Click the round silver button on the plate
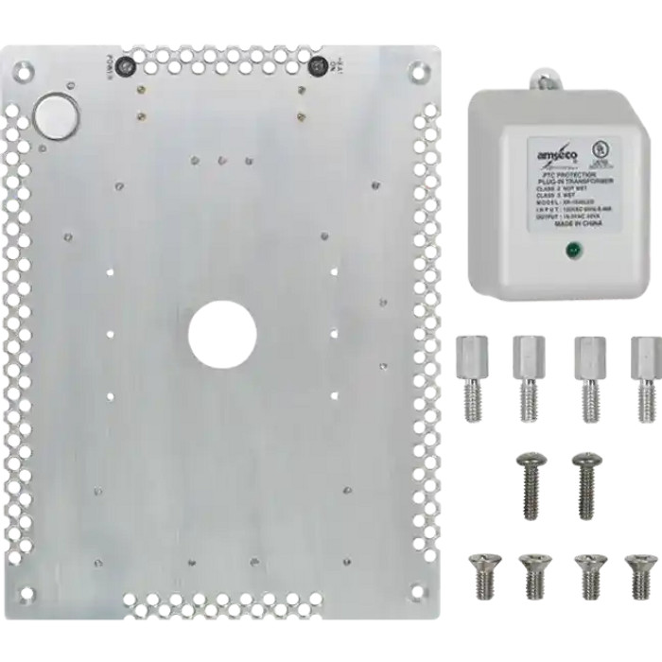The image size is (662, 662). pyautogui.click(x=55, y=115)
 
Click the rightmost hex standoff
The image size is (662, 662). pyautogui.click(x=646, y=375)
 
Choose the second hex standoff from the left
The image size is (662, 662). pyautogui.click(x=529, y=375)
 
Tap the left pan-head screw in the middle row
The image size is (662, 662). pyautogui.click(x=530, y=483)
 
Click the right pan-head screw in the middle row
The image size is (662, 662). pyautogui.click(x=587, y=483)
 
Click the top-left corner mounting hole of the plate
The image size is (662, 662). pyautogui.click(x=22, y=70)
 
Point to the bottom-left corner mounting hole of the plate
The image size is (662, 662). pyautogui.click(x=26, y=594)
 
